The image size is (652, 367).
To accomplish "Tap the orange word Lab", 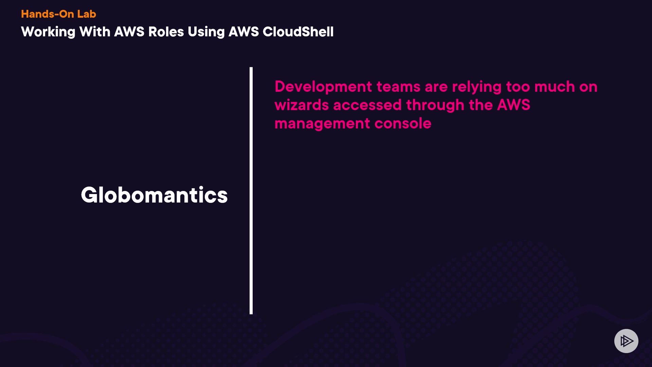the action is [87, 14].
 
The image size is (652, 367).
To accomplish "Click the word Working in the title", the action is [48, 32].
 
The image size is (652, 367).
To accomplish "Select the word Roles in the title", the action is [166, 32].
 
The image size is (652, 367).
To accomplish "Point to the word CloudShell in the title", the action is [298, 32].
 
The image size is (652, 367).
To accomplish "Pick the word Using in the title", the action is [206, 32].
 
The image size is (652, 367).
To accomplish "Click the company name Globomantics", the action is [154, 195].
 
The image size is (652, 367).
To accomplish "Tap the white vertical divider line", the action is [251, 191].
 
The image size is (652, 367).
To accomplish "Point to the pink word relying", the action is [477, 87].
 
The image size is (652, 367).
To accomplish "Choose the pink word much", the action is [555, 87].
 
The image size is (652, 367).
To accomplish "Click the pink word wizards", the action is [302, 105].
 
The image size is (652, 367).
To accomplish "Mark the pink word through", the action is [435, 106].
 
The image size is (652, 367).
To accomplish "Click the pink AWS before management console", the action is [513, 105].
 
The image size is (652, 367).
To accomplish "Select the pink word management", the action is [322, 124].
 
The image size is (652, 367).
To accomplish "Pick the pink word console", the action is [403, 123].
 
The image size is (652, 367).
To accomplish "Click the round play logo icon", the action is [626, 341].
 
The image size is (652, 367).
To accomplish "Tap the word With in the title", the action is [95, 32].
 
